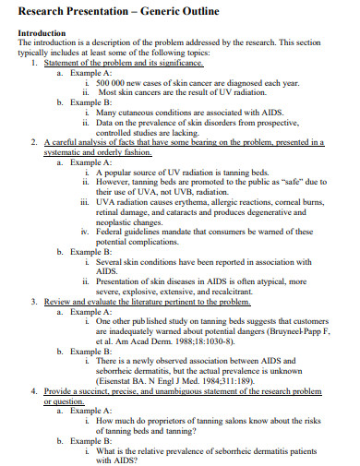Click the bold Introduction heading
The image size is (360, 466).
tap(44, 33)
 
